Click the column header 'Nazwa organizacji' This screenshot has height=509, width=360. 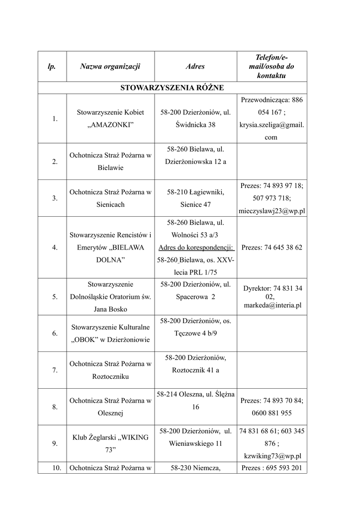point(110,66)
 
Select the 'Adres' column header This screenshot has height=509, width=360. point(195,66)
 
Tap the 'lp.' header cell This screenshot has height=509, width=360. point(52,66)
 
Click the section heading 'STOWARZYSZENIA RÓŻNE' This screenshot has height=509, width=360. point(172,88)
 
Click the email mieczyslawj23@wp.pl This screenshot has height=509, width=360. point(271,211)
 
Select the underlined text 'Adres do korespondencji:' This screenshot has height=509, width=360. point(195,247)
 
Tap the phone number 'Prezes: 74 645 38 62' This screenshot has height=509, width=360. point(271,247)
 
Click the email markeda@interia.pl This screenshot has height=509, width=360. point(272,306)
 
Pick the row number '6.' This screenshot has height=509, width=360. point(55,334)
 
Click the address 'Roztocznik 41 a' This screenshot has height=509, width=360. point(195,370)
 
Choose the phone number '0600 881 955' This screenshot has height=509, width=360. point(271,413)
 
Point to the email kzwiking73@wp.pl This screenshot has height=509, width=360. point(271,456)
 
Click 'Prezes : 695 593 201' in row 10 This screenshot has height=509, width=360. point(271,468)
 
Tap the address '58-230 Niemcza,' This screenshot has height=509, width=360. point(195,468)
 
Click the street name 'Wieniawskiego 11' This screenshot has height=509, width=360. point(195,443)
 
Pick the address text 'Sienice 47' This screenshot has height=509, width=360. point(195,204)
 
